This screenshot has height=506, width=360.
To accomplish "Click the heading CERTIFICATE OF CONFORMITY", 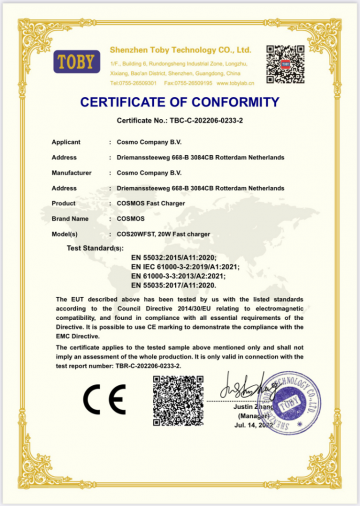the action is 179,102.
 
